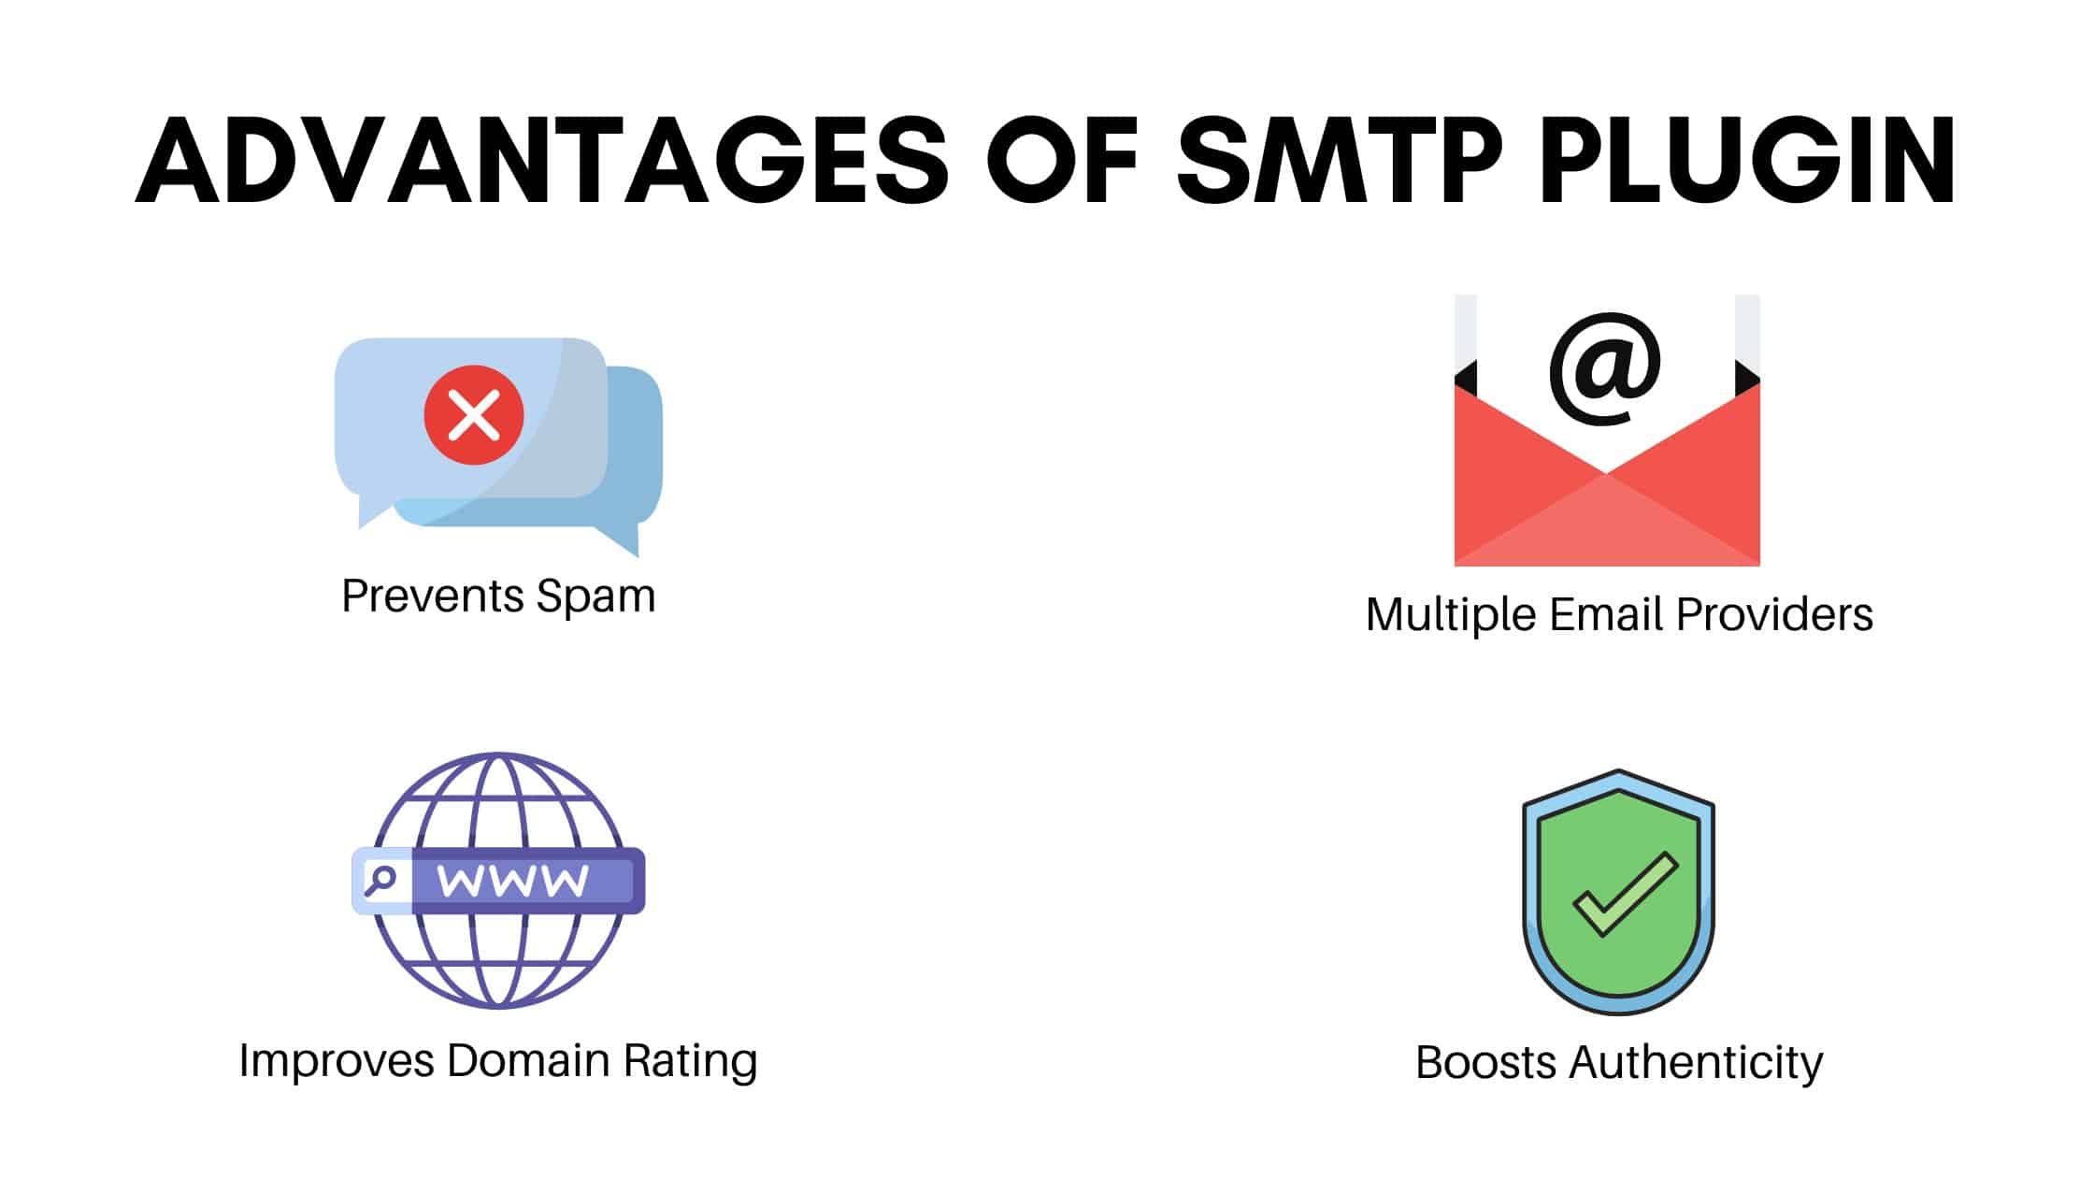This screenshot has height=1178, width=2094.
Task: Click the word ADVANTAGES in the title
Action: click(543, 161)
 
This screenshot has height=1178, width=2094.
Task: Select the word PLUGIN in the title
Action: click(1747, 161)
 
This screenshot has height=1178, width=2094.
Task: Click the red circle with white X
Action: click(474, 415)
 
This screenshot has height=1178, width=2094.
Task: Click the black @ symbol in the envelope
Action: click(1605, 368)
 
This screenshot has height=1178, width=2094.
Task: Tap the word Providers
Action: click(1776, 614)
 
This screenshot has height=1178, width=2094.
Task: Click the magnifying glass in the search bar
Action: click(380, 880)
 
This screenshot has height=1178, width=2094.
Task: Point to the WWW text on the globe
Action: click(513, 881)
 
